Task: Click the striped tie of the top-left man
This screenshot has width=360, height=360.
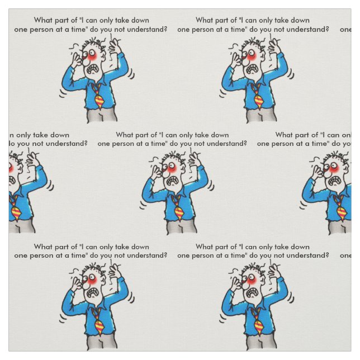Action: coord(99,101)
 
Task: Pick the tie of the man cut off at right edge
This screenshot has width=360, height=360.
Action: coord(340,212)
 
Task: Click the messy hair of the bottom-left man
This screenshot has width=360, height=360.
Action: coord(92,267)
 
